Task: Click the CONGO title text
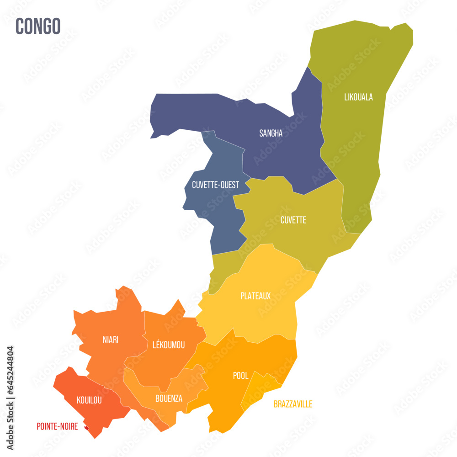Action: point(38,27)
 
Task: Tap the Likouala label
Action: point(358,97)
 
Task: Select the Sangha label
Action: point(271,133)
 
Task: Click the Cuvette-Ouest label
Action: point(215,185)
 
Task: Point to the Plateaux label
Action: point(255,296)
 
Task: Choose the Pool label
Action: point(241,376)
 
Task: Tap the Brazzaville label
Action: point(293,404)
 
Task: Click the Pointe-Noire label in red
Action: point(57,426)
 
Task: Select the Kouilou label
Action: point(89,401)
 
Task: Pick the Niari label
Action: point(110,340)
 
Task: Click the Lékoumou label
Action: point(169,345)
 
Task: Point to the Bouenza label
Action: point(169,399)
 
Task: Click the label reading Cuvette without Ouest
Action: point(293,220)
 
